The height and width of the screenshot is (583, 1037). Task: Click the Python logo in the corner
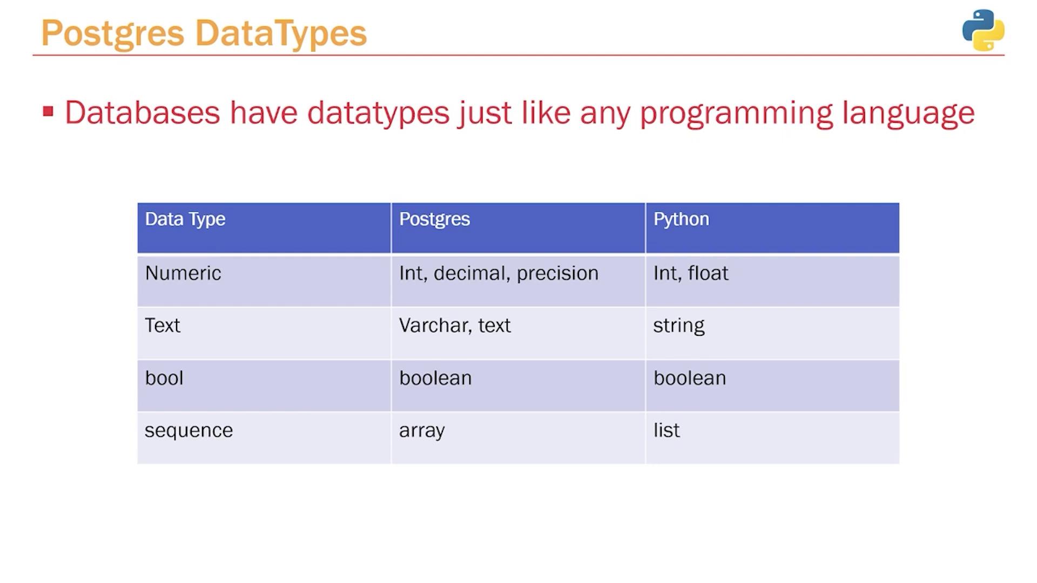pos(983,30)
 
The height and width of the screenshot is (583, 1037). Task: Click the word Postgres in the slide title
pos(113,34)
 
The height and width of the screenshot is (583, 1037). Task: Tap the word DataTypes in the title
pos(281,34)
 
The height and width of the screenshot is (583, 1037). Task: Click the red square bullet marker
pos(48,111)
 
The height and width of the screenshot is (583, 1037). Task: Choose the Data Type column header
pos(185,220)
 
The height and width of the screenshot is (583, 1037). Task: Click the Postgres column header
pos(435,220)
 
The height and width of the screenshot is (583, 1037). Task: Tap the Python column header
pos(681,220)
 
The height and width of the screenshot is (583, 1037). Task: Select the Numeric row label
pos(183,273)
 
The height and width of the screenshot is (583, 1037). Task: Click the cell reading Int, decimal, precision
pos(499,274)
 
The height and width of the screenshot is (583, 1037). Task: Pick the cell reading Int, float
pos(691,273)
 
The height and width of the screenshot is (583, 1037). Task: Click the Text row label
pos(163,326)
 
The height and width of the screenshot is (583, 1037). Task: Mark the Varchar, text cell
pos(455,326)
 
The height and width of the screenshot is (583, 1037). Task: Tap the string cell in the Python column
pos(679,326)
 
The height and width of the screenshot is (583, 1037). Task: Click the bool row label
pos(164,378)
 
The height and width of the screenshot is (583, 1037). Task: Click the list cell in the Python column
pos(666,430)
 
